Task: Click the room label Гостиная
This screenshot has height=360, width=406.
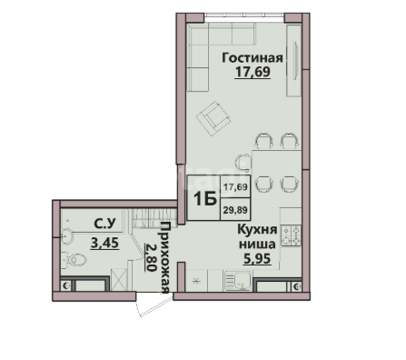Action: pyautogui.click(x=253, y=57)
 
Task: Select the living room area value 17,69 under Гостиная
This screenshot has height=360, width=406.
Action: pyautogui.click(x=253, y=72)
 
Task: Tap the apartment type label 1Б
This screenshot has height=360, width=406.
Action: pyautogui.click(x=204, y=199)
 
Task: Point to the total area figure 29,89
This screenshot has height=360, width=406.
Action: pyautogui.click(x=235, y=210)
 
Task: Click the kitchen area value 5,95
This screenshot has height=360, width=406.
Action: pyautogui.click(x=257, y=258)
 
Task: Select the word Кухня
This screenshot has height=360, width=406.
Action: pyautogui.click(x=257, y=229)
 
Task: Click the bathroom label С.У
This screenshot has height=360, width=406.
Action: pyautogui.click(x=104, y=224)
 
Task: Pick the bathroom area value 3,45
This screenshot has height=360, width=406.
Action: pyautogui.click(x=104, y=243)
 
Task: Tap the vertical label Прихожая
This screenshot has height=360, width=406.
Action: pyautogui.click(x=164, y=258)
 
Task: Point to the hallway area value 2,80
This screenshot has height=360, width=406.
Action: pyautogui.click(x=151, y=257)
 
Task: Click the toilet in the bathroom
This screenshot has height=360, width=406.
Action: pyautogui.click(x=74, y=260)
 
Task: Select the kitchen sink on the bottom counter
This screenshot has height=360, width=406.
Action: pyautogui.click(x=238, y=281)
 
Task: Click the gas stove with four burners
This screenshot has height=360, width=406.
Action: pyautogui.click(x=291, y=235)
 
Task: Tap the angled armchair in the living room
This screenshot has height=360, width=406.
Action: pyautogui.click(x=213, y=119)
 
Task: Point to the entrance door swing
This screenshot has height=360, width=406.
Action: pyautogui.click(x=153, y=305)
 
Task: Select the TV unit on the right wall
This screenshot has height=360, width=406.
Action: pyautogui.click(x=293, y=60)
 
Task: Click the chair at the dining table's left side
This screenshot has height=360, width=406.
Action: pyautogui.click(x=243, y=162)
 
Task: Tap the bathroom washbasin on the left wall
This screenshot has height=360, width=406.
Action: pyautogui.click(x=67, y=235)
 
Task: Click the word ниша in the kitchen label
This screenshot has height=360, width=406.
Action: pyautogui.click(x=257, y=244)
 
